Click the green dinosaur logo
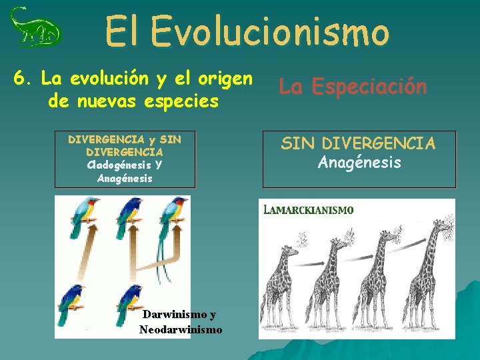point(35,28)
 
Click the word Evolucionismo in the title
point(269,31)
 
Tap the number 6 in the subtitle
point(20,79)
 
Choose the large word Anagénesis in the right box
point(359,162)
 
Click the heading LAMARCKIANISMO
point(309,209)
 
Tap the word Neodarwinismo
point(181,329)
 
